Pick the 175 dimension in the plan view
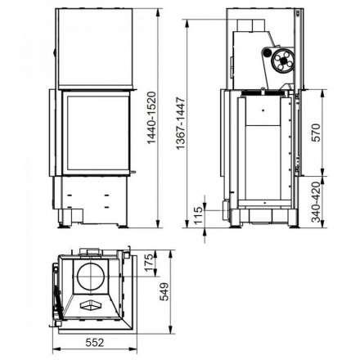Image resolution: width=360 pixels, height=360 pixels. pos(149,268)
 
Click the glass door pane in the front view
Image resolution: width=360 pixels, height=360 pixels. pos(91,135)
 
